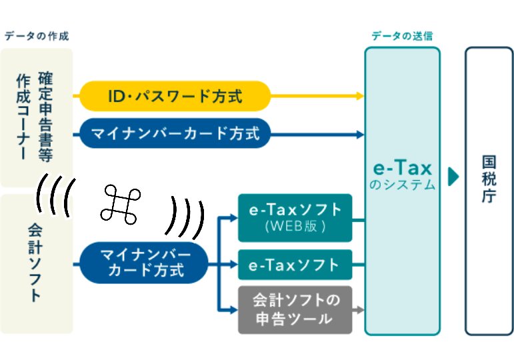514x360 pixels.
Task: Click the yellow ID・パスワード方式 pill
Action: [175, 97]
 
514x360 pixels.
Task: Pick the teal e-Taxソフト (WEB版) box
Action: [295, 217]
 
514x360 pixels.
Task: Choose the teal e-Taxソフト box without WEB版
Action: [295, 265]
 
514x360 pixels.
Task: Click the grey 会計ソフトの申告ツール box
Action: [295, 309]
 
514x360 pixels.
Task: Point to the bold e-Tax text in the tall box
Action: [402, 168]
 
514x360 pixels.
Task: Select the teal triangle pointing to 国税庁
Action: [454, 177]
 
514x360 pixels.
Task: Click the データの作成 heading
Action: [37, 36]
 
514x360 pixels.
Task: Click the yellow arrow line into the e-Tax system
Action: [317, 97]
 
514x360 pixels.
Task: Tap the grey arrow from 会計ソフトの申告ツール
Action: [358, 310]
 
